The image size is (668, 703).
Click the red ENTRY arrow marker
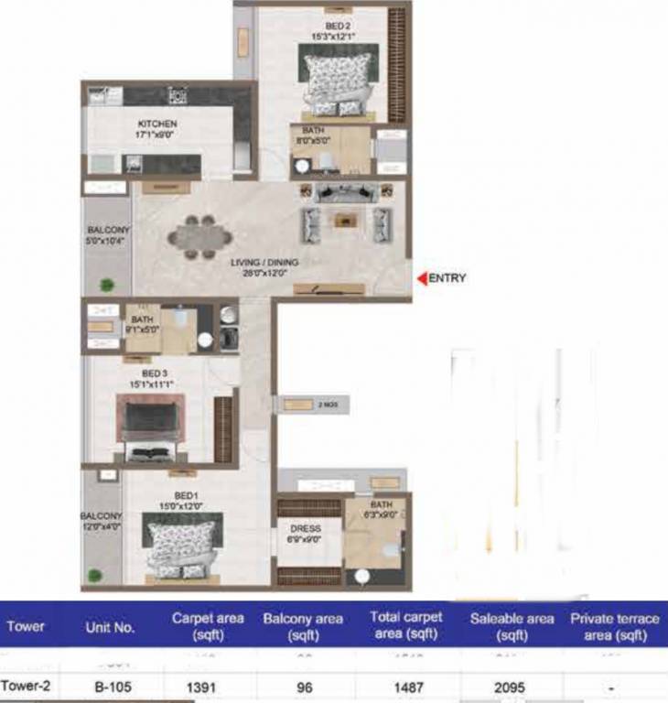tap(422, 278)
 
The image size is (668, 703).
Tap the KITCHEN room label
tap(156, 124)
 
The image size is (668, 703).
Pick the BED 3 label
tap(153, 373)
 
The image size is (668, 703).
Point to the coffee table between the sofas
tap(345, 219)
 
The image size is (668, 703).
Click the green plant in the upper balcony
tap(108, 284)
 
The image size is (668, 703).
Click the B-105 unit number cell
tap(110, 686)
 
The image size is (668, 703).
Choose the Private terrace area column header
tap(613, 627)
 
